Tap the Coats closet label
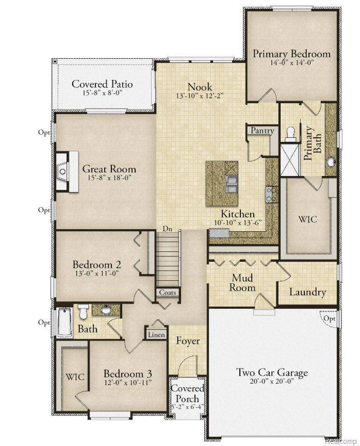pos(168,293)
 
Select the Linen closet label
pos(156,335)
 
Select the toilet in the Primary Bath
pos(290,135)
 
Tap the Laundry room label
pos(307,292)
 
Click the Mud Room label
pos(242,283)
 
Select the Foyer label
pos(188,341)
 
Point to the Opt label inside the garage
pos(329,318)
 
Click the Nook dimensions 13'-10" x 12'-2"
pos(200,97)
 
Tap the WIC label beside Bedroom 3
pos(75,377)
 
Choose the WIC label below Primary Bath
pos(307,219)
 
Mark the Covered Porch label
pos(188,393)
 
